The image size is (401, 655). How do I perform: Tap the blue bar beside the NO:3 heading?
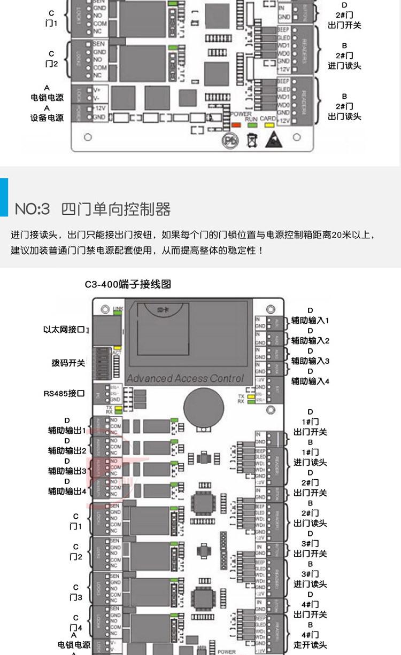click(x=4, y=197)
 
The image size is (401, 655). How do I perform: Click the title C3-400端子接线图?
click(x=128, y=284)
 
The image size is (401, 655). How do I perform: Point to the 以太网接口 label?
click(x=64, y=329)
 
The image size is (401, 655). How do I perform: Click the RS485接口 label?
click(x=64, y=393)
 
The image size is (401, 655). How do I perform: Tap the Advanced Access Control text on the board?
click(x=185, y=378)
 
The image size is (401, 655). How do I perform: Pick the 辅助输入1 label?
click(x=310, y=321)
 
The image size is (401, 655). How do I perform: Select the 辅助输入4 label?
click(x=310, y=381)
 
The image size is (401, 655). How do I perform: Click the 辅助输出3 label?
click(x=67, y=471)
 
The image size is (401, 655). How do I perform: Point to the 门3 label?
click(x=75, y=597)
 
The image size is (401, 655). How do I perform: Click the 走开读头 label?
click(x=310, y=645)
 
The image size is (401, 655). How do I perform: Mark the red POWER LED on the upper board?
click(x=235, y=124)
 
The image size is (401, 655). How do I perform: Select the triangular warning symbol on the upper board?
click(x=270, y=139)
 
